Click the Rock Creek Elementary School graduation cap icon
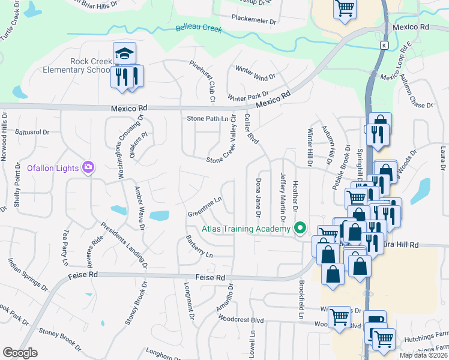coord(125,54)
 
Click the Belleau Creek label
coord(199,28)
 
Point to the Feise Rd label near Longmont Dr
coord(210,278)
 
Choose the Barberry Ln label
coord(199,246)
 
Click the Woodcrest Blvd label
coord(241,321)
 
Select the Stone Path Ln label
coord(208,119)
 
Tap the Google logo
coord(20,353)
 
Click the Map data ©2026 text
coord(424,355)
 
